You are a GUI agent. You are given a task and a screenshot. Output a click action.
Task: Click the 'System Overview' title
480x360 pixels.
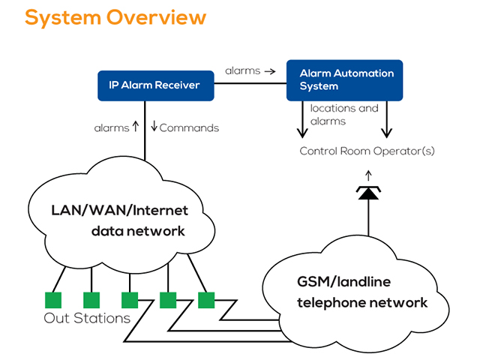click(x=115, y=18)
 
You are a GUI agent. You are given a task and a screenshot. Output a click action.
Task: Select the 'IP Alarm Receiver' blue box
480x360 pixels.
click(x=156, y=85)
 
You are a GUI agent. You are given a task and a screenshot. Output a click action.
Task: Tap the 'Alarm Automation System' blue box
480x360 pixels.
click(x=344, y=80)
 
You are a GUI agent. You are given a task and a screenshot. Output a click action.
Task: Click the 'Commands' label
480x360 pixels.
click(x=189, y=128)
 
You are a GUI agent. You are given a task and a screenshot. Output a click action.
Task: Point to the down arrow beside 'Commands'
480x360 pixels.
click(x=154, y=126)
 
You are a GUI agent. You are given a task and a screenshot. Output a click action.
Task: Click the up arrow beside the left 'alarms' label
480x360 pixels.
click(x=136, y=126)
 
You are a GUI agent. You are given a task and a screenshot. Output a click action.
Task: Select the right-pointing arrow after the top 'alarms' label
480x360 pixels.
click(x=270, y=71)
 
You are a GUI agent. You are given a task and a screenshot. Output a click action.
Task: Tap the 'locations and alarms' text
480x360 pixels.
click(x=344, y=115)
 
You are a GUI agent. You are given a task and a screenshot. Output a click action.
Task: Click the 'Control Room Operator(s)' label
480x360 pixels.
click(x=367, y=151)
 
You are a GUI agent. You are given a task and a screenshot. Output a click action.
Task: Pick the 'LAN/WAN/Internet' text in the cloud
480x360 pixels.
click(x=120, y=211)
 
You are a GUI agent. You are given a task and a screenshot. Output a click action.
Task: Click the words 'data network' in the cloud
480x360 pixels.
click(x=138, y=231)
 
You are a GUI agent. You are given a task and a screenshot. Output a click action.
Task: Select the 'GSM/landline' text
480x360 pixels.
click(x=343, y=282)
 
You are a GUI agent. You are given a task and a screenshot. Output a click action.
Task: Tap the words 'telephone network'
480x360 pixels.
click(x=362, y=302)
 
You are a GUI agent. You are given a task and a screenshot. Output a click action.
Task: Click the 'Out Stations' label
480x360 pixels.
click(x=87, y=318)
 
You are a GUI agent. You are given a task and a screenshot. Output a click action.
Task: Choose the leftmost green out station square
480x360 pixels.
click(x=53, y=300)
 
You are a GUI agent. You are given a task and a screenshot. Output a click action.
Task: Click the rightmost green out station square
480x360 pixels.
click(x=206, y=300)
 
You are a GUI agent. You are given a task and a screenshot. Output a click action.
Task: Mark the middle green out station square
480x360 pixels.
click(x=130, y=300)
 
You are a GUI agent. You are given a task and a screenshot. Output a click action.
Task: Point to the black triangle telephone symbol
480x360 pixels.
click(x=368, y=193)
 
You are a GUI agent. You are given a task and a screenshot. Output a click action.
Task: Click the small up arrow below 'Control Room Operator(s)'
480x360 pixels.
click(x=368, y=175)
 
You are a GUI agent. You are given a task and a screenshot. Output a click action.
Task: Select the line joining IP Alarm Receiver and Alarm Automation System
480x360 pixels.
click(x=250, y=83)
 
